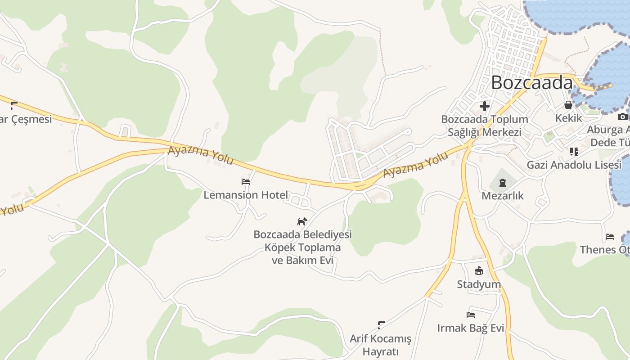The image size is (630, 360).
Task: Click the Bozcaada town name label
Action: pyautogui.click(x=531, y=83)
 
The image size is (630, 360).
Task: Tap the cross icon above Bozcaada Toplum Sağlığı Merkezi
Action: pyautogui.click(x=485, y=106)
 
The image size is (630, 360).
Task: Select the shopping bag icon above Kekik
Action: pyautogui.click(x=568, y=105)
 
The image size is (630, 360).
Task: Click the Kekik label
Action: pyautogui.click(x=568, y=118)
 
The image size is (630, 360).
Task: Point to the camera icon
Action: pyautogui.click(x=622, y=117)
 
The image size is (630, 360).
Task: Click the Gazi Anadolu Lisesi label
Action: pyautogui.click(x=574, y=165)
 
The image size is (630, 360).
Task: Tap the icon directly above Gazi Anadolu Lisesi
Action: pyautogui.click(x=574, y=151)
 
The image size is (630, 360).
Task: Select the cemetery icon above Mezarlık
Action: pyautogui.click(x=502, y=183)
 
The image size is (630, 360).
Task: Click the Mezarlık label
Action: pyautogui.click(x=502, y=196)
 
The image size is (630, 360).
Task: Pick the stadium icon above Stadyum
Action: pyautogui.click(x=479, y=271)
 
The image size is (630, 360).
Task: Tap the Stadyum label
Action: pyautogui.click(x=479, y=284)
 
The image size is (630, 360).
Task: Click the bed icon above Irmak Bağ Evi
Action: pyautogui.click(x=471, y=315)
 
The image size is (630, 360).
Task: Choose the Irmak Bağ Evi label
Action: pyautogui.click(x=471, y=328)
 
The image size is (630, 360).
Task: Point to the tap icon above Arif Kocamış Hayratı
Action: pyautogui.click(x=381, y=325)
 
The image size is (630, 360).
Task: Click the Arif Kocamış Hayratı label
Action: pyautogui.click(x=381, y=345)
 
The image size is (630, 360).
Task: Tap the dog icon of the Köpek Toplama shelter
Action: pyautogui.click(x=302, y=221)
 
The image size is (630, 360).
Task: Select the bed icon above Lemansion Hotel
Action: pyautogui.click(x=246, y=182)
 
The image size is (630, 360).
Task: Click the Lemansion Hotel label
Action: pyautogui.click(x=246, y=195)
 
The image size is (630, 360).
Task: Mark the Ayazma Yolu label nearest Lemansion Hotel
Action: pyautogui.click(x=201, y=155)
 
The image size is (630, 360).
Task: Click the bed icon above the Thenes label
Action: pyautogui.click(x=610, y=237)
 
